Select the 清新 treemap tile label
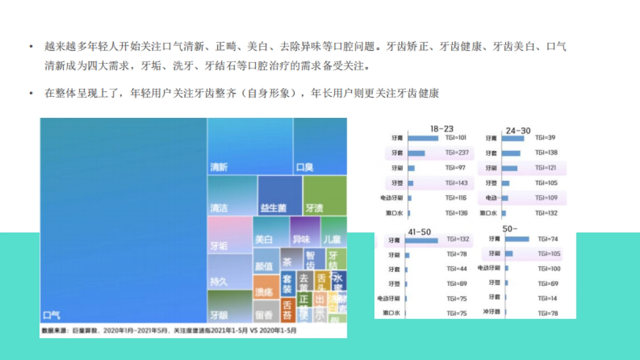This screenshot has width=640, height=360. pyautogui.click(x=219, y=167)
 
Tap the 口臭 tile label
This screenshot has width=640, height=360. pyautogui.click(x=305, y=167)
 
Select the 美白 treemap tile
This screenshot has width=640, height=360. pyautogui.click(x=264, y=240)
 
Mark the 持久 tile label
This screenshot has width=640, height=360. pyautogui.click(x=219, y=281)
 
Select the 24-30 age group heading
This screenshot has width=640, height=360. pyautogui.click(x=518, y=131)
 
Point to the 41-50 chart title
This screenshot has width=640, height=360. pyautogui.click(x=419, y=232)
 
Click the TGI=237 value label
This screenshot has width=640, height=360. pyautogui.click(x=457, y=153)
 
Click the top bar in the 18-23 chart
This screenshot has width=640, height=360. pyautogui.click(x=422, y=138)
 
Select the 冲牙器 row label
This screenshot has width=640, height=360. pyautogui.click(x=491, y=311)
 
